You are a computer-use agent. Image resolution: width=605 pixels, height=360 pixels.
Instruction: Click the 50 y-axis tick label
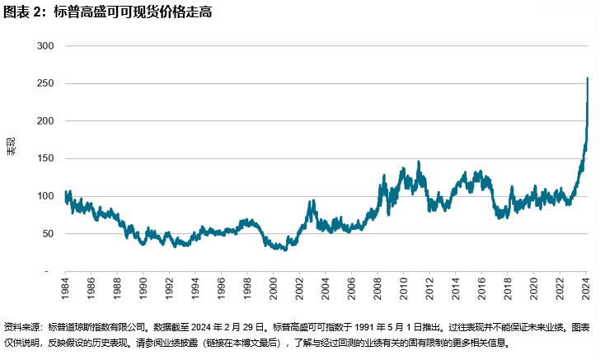tap(48, 234)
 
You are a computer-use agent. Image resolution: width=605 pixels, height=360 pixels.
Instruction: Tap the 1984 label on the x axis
tap(65, 290)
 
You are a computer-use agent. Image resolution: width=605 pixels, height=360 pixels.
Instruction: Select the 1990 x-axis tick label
tap(143, 290)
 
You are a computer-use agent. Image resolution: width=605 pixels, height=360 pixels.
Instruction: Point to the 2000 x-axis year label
tap(274, 290)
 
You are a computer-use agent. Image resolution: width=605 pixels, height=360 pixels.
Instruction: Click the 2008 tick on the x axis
tap(378, 290)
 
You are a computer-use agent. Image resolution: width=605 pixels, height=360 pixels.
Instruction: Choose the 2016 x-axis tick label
tap(482, 290)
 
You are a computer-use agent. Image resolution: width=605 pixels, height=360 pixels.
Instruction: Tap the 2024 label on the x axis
tap(587, 290)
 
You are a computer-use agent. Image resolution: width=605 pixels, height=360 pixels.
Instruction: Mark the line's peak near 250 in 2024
tap(587, 78)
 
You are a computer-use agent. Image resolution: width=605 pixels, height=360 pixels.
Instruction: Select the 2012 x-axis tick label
tap(430, 290)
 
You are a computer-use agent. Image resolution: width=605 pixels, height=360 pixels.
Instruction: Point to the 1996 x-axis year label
tap(222, 290)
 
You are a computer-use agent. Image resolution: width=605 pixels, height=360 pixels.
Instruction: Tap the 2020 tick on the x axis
tap(535, 290)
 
